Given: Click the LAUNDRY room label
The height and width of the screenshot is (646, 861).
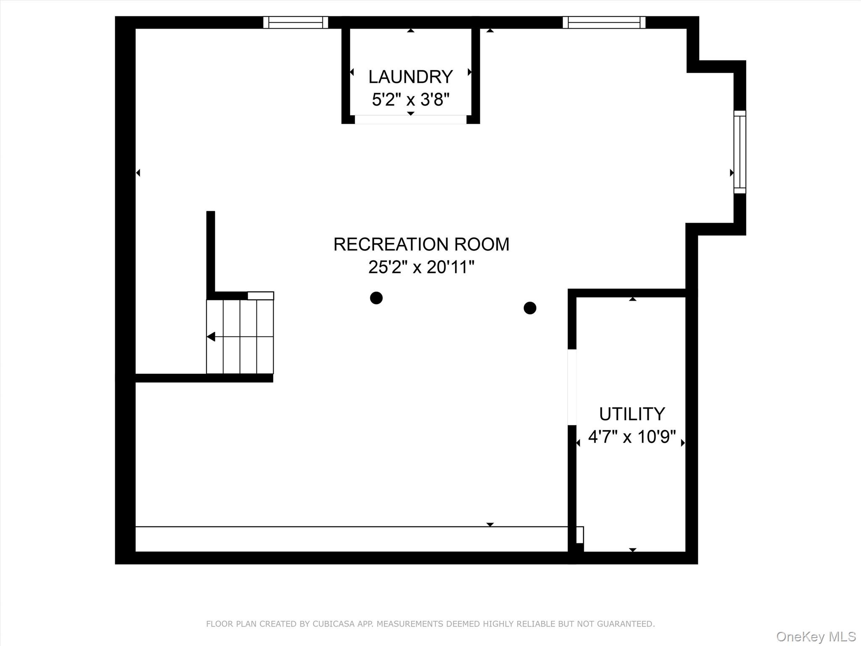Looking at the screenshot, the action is point(411,77).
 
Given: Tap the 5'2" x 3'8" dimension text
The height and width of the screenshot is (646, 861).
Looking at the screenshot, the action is point(411,100).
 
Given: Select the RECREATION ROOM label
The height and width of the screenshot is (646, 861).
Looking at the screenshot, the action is point(421,244).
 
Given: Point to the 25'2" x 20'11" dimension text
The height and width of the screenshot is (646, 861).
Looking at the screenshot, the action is point(421,267).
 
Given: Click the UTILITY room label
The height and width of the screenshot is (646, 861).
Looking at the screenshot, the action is point(632,414).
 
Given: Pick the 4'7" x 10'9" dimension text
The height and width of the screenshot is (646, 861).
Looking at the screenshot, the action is point(632,437).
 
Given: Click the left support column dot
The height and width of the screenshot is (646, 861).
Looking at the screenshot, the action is point(376,298).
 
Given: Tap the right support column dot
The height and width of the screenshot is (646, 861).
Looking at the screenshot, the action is point(530,308).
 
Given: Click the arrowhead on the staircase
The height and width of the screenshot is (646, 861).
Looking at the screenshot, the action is point(211,337).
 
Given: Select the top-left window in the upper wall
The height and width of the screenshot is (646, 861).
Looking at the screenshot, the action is point(296,22).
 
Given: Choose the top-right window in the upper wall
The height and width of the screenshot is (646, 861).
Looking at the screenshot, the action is point(604,22).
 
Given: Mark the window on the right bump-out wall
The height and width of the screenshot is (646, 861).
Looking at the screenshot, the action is point(740,152).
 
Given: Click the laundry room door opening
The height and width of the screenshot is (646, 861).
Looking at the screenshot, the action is point(411,119).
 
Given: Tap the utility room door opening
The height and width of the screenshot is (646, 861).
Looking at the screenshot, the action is point(572,387).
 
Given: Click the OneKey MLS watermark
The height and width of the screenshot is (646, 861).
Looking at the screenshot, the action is point(816,636).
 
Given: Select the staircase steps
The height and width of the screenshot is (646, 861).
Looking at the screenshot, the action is point(240,336).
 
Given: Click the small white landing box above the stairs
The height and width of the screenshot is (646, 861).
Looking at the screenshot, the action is point(261,296).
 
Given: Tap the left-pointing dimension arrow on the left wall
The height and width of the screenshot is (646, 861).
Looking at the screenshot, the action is point(138,172).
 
